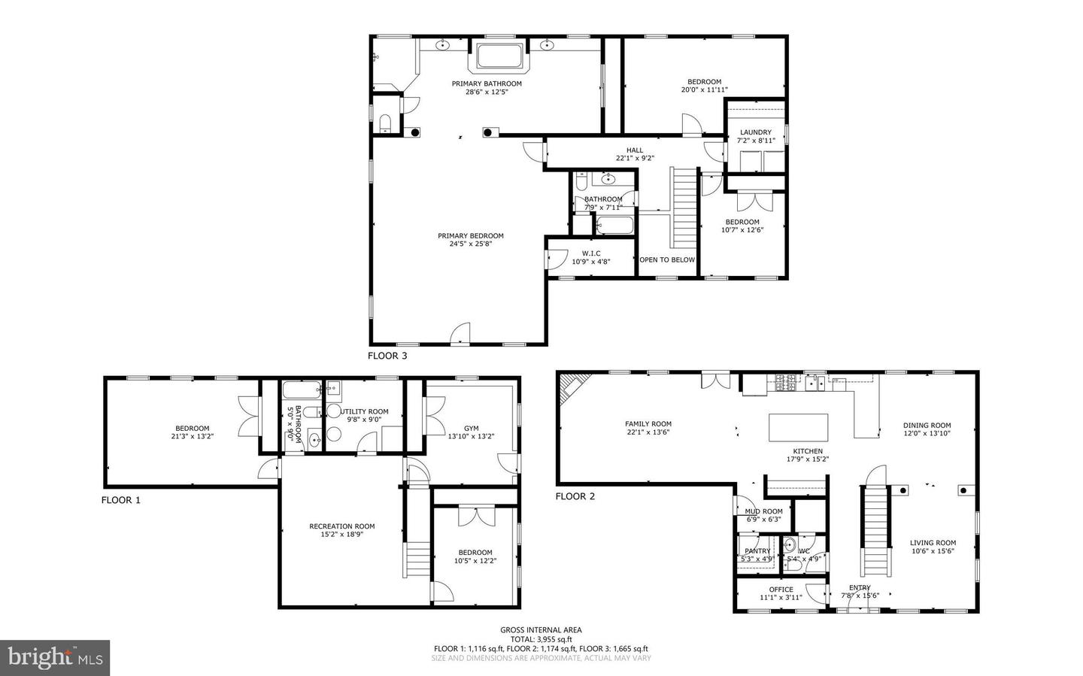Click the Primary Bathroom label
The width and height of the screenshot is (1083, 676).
coord(486,83)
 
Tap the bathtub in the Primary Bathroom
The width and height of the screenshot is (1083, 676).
coord(499,57)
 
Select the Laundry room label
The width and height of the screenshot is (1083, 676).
coord(755,132)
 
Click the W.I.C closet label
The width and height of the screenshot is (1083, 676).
coord(590,253)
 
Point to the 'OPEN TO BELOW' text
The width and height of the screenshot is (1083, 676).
coord(667,260)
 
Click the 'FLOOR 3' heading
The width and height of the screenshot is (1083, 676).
coord(387,356)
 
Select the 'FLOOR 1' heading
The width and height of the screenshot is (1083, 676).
coord(121,500)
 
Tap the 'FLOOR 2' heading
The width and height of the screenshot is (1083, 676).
coord(575,496)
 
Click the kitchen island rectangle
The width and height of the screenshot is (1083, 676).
coord(798,428)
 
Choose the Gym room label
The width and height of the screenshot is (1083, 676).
coord(471,429)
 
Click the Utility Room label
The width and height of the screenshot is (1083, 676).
coord(365,411)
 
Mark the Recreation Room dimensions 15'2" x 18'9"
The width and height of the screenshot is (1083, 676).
coord(342,535)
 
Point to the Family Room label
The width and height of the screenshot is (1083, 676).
coord(648,424)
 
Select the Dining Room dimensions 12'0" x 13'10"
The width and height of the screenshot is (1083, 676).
coord(927,434)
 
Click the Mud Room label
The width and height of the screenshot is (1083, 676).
coord(763,511)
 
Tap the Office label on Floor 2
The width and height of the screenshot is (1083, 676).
coord(781,590)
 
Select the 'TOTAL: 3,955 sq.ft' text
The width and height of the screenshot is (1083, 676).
coord(541,639)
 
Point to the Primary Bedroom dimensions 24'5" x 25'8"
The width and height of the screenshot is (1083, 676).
coord(471,244)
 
